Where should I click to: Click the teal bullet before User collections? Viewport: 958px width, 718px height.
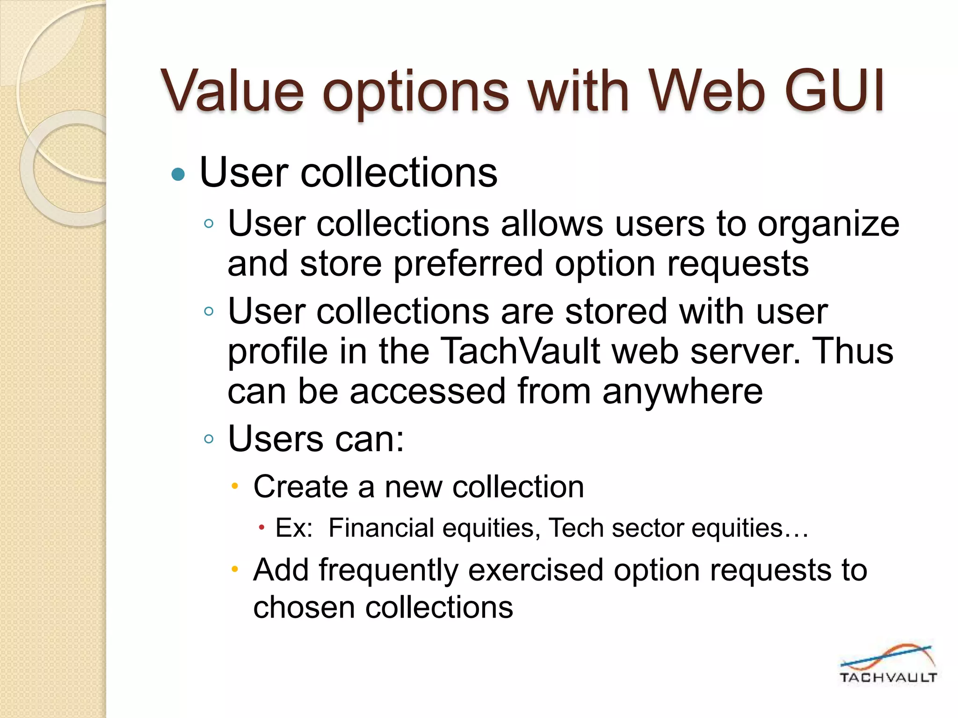178,175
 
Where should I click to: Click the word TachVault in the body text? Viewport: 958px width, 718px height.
520,351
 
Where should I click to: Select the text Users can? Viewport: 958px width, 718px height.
316,439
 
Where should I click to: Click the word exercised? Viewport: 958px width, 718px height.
536,570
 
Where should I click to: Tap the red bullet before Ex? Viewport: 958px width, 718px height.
261,529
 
